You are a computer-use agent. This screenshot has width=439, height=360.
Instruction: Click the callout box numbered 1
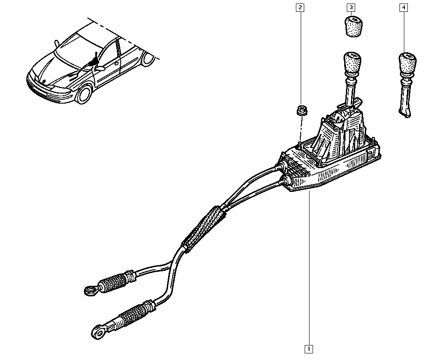coord(309,349)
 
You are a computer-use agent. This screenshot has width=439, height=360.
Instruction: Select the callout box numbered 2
coord(300,7)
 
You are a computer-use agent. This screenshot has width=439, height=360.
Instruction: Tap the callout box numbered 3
coord(351,7)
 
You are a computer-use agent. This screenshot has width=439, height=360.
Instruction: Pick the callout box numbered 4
coord(403,7)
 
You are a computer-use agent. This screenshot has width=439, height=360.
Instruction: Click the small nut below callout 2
coord(302,110)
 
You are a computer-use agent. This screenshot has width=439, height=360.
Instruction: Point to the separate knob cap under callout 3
coord(353,26)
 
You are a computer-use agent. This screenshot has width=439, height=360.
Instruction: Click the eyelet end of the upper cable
coord(91,290)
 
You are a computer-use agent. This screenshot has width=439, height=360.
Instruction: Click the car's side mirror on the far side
coord(57,43)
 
